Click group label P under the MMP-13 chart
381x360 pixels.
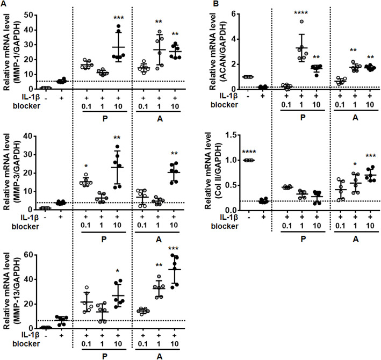point(103,355)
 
